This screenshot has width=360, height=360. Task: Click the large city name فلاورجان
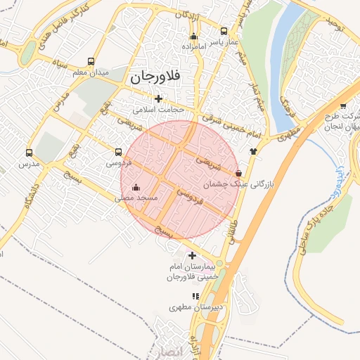153,76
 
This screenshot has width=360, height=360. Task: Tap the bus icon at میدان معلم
91,61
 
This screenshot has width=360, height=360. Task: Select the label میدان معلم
91,72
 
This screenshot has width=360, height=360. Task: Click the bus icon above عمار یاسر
224,31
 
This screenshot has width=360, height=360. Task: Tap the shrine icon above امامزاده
194,36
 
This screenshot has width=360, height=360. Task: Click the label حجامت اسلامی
158,110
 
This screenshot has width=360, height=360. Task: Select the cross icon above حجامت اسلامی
158,99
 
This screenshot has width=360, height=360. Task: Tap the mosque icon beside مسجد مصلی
136,188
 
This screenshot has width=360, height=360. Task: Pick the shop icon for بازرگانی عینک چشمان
239,172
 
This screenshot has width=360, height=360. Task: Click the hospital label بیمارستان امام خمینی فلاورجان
192,273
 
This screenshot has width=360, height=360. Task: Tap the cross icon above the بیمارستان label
192,255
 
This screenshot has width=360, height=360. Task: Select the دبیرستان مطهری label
195,308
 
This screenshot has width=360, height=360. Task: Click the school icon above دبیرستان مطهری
195,297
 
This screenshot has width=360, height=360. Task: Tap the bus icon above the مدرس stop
29,152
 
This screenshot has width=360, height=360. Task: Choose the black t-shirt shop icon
253,151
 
